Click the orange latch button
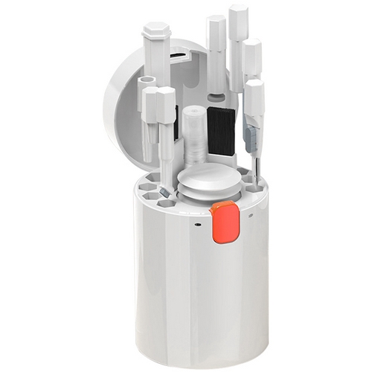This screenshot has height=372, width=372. [x=223, y=224]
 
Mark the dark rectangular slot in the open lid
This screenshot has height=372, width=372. [x=176, y=54]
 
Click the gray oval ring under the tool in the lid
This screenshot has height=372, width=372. [x=216, y=97]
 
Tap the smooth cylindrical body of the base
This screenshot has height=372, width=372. [x=201, y=290]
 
